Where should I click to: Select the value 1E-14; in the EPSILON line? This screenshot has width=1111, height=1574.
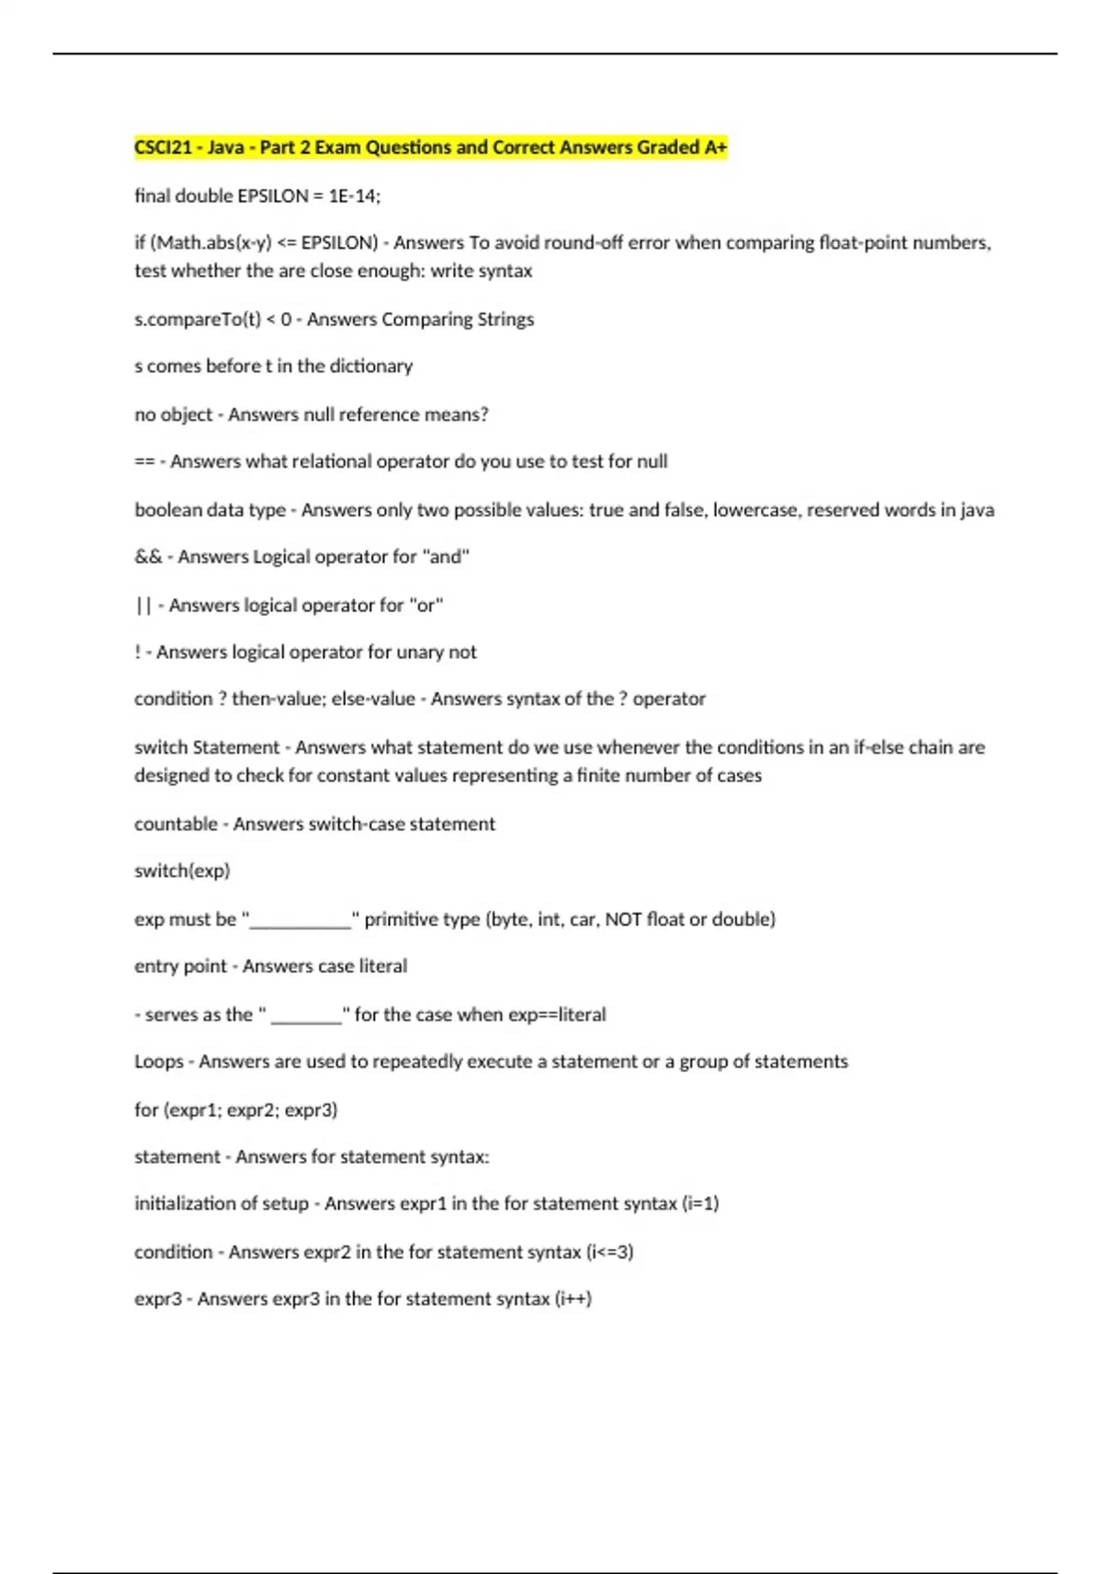pyautogui.click(x=355, y=195)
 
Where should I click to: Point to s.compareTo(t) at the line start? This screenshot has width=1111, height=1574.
pyautogui.click(x=197, y=319)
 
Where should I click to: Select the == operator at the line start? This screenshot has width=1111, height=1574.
pyautogui.click(x=144, y=461)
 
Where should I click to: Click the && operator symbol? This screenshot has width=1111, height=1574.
pyautogui.click(x=147, y=556)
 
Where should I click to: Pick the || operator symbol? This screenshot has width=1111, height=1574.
pyautogui.click(x=143, y=606)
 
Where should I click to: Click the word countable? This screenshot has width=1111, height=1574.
pyautogui.click(x=176, y=824)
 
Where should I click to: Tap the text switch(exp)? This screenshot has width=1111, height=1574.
pyautogui.click(x=181, y=870)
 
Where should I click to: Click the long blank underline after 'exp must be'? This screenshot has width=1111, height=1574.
pyautogui.click(x=301, y=920)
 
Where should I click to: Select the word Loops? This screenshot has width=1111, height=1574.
pyautogui.click(x=158, y=1061)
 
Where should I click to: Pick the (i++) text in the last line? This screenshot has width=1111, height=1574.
pyautogui.click(x=573, y=1298)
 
